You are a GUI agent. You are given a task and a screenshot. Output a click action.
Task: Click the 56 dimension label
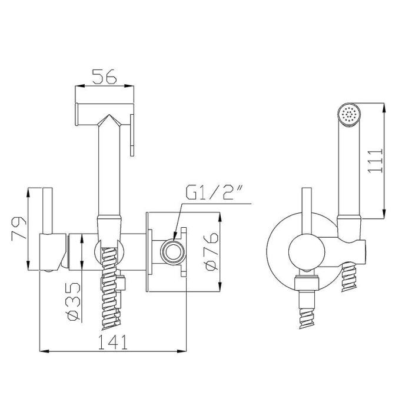click(104, 77)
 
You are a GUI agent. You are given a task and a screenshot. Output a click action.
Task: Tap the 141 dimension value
click(112, 342)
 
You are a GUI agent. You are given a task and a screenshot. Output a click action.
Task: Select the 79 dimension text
click(19, 228)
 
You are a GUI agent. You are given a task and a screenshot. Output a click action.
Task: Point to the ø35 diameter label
click(74, 301)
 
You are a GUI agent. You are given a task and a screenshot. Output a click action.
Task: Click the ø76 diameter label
click(211, 251)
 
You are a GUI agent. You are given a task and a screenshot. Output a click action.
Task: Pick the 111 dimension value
click(376, 161)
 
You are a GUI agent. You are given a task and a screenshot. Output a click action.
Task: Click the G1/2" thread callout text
click(214, 193)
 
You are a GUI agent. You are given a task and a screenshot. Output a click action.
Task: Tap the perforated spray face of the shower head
click(349, 115)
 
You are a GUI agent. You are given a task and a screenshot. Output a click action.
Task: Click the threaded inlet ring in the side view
click(172, 252)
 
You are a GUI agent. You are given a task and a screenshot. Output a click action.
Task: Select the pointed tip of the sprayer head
click(109, 115)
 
